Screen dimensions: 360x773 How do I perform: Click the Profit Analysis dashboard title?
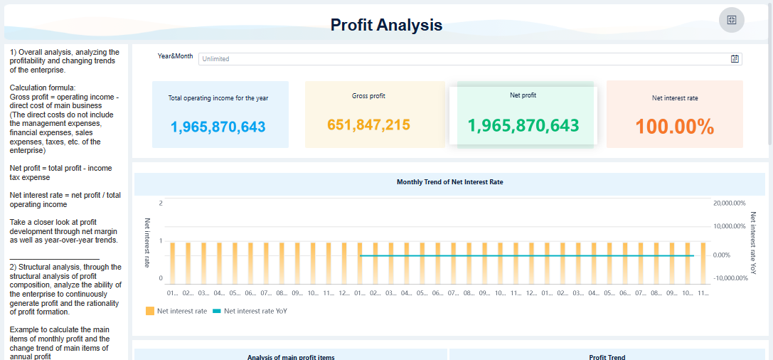tap(386, 25)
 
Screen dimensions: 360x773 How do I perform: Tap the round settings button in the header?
tap(731, 19)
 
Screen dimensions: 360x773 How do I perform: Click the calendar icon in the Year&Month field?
tap(735, 59)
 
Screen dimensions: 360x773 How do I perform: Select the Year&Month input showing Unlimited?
tap(462, 59)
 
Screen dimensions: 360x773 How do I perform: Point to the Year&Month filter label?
tap(175, 55)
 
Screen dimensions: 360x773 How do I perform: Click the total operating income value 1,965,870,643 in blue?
tap(218, 127)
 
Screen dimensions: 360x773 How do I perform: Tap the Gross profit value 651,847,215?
tap(368, 125)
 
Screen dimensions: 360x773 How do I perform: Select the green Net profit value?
tap(523, 126)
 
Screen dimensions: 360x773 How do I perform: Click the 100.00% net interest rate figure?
tap(674, 127)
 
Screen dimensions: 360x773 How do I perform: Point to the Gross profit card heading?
tap(368, 96)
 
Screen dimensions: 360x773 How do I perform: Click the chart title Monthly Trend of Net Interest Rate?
tap(449, 183)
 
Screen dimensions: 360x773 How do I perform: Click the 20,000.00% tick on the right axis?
tap(729, 203)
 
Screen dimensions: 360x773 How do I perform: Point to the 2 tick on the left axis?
tap(161, 203)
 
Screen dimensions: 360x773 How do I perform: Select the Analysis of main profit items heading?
tap(290, 356)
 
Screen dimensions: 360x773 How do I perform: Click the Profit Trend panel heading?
tap(607, 356)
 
